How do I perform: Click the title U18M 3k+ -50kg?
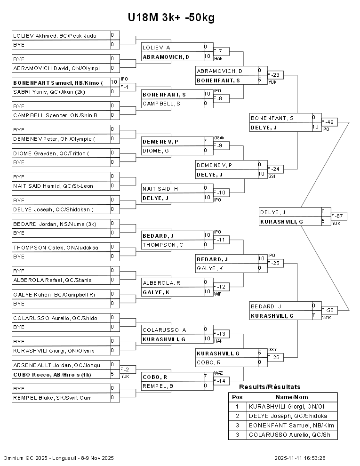[171, 17]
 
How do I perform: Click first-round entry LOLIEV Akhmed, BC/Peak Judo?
[55, 35]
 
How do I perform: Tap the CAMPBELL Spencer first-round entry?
[55, 115]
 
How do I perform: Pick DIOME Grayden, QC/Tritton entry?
[51, 153]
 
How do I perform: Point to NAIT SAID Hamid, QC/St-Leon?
[53, 186]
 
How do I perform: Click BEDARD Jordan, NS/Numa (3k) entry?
[55, 224]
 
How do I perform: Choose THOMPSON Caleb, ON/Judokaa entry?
[56, 247]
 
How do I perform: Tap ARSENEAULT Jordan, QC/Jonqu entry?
[54, 365]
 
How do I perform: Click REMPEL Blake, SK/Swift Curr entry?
[52, 398]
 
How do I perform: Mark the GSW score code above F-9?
[218, 137]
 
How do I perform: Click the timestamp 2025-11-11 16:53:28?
[300, 458]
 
